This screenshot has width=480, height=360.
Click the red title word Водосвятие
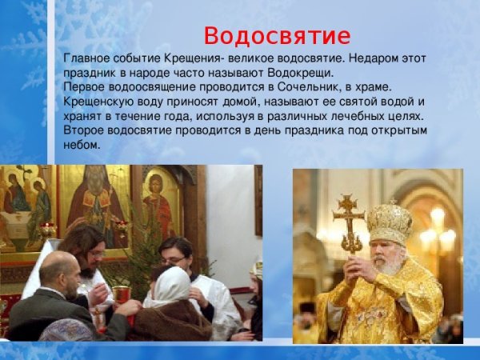(x=276, y=37)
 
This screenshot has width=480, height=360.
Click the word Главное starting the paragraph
(x=87, y=60)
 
